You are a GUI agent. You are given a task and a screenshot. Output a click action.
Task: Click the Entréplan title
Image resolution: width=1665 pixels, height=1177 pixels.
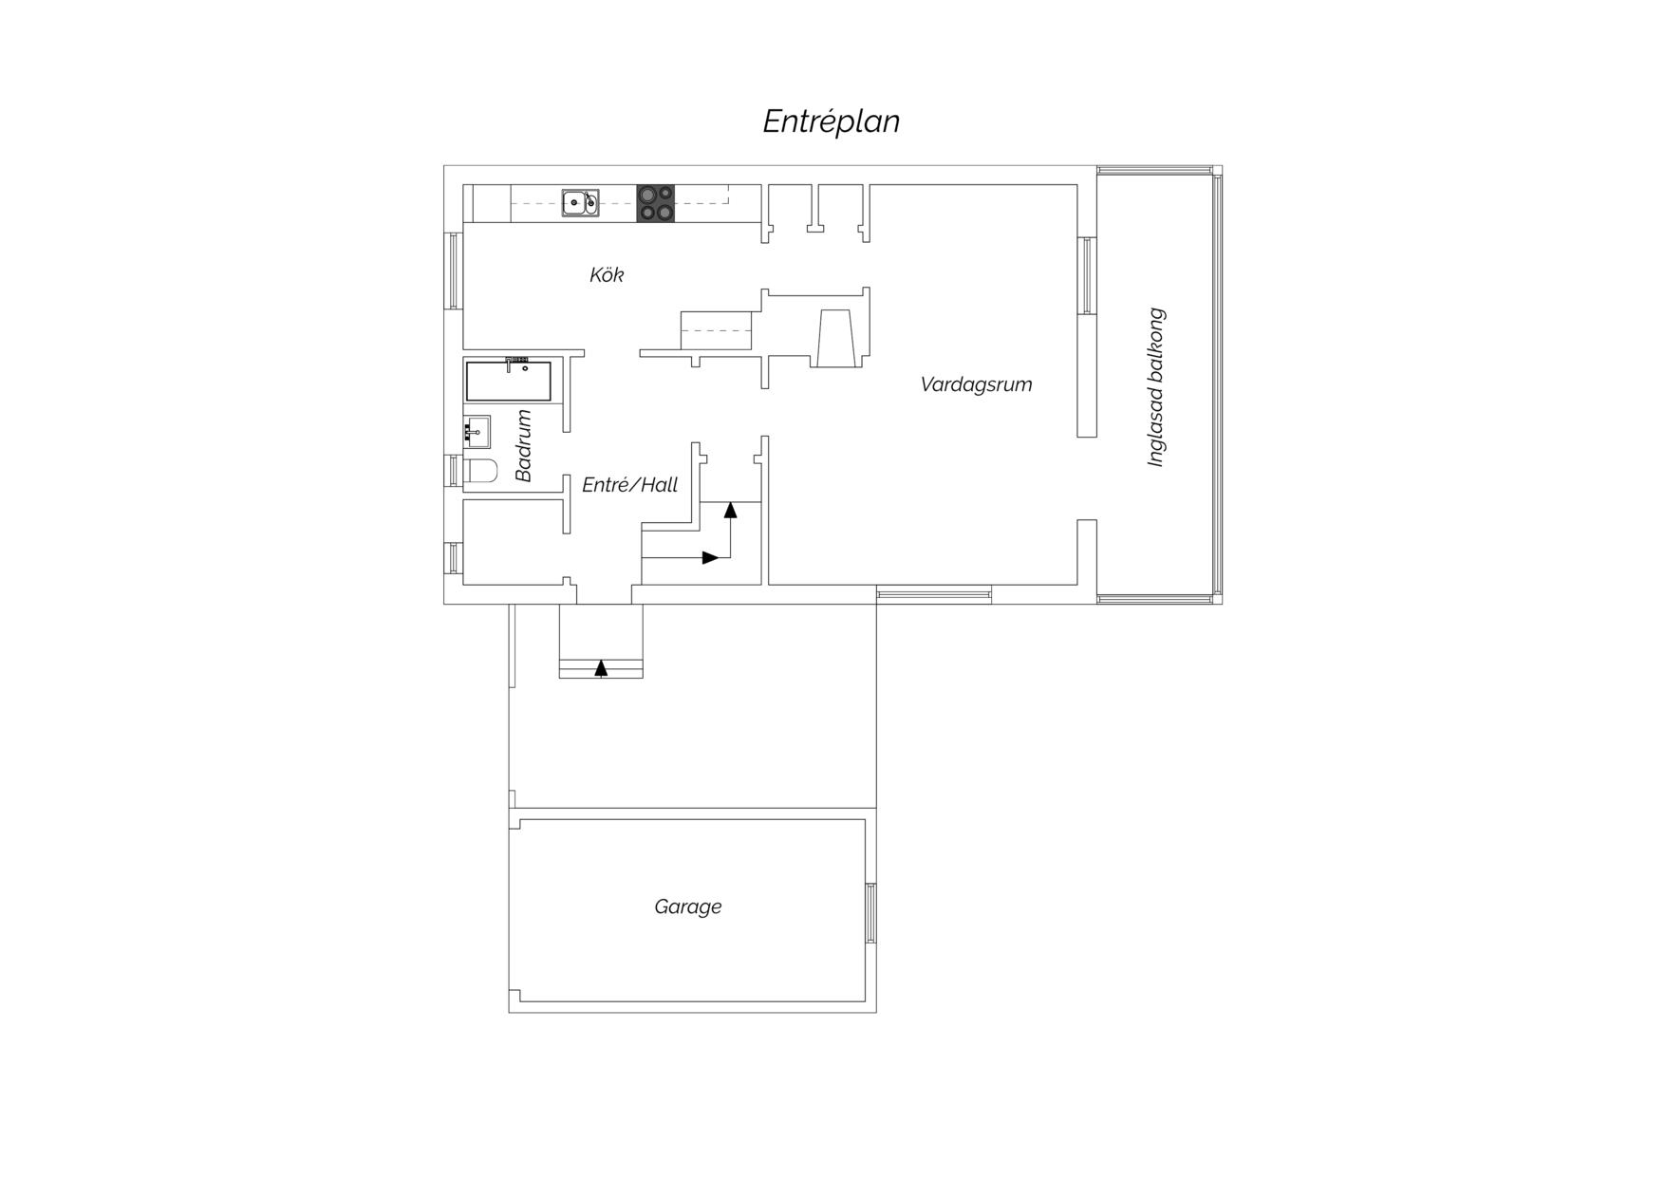(832, 121)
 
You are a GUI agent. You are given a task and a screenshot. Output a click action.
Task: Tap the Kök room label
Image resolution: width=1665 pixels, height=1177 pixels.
(607, 274)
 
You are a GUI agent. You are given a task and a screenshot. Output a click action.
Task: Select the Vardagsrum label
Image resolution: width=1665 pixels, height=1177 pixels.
(976, 384)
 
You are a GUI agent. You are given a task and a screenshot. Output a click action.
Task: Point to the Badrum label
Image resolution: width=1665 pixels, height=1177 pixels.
(523, 445)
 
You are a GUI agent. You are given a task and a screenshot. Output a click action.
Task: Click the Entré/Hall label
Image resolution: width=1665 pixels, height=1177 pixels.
(629, 485)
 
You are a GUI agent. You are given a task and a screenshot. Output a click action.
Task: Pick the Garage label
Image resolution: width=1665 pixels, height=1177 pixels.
(687, 906)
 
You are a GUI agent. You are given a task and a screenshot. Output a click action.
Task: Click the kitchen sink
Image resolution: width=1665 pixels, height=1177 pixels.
(580, 203)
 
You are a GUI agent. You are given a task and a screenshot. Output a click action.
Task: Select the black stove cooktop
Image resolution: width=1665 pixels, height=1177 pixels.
(655, 203)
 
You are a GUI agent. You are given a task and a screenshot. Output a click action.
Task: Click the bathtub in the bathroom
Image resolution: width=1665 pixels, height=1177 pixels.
(508, 381)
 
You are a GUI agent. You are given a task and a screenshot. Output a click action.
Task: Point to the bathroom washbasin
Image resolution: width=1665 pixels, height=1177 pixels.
(477, 432)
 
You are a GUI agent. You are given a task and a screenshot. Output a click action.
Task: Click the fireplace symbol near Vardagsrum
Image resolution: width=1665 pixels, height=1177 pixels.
(836, 337)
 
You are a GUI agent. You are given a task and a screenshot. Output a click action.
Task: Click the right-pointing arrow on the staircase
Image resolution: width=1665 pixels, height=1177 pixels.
(710, 557)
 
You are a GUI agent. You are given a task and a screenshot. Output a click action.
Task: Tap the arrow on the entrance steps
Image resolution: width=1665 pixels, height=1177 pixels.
(601, 668)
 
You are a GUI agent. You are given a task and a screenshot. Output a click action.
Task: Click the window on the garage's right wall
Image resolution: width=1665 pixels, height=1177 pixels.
(870, 912)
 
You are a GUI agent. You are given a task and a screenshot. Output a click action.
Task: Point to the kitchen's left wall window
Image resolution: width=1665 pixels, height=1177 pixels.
(454, 271)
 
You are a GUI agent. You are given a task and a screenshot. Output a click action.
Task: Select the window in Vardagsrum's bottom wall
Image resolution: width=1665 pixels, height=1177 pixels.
(934, 595)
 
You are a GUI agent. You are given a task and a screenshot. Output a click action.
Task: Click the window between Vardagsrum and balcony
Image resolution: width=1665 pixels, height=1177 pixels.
(1087, 274)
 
